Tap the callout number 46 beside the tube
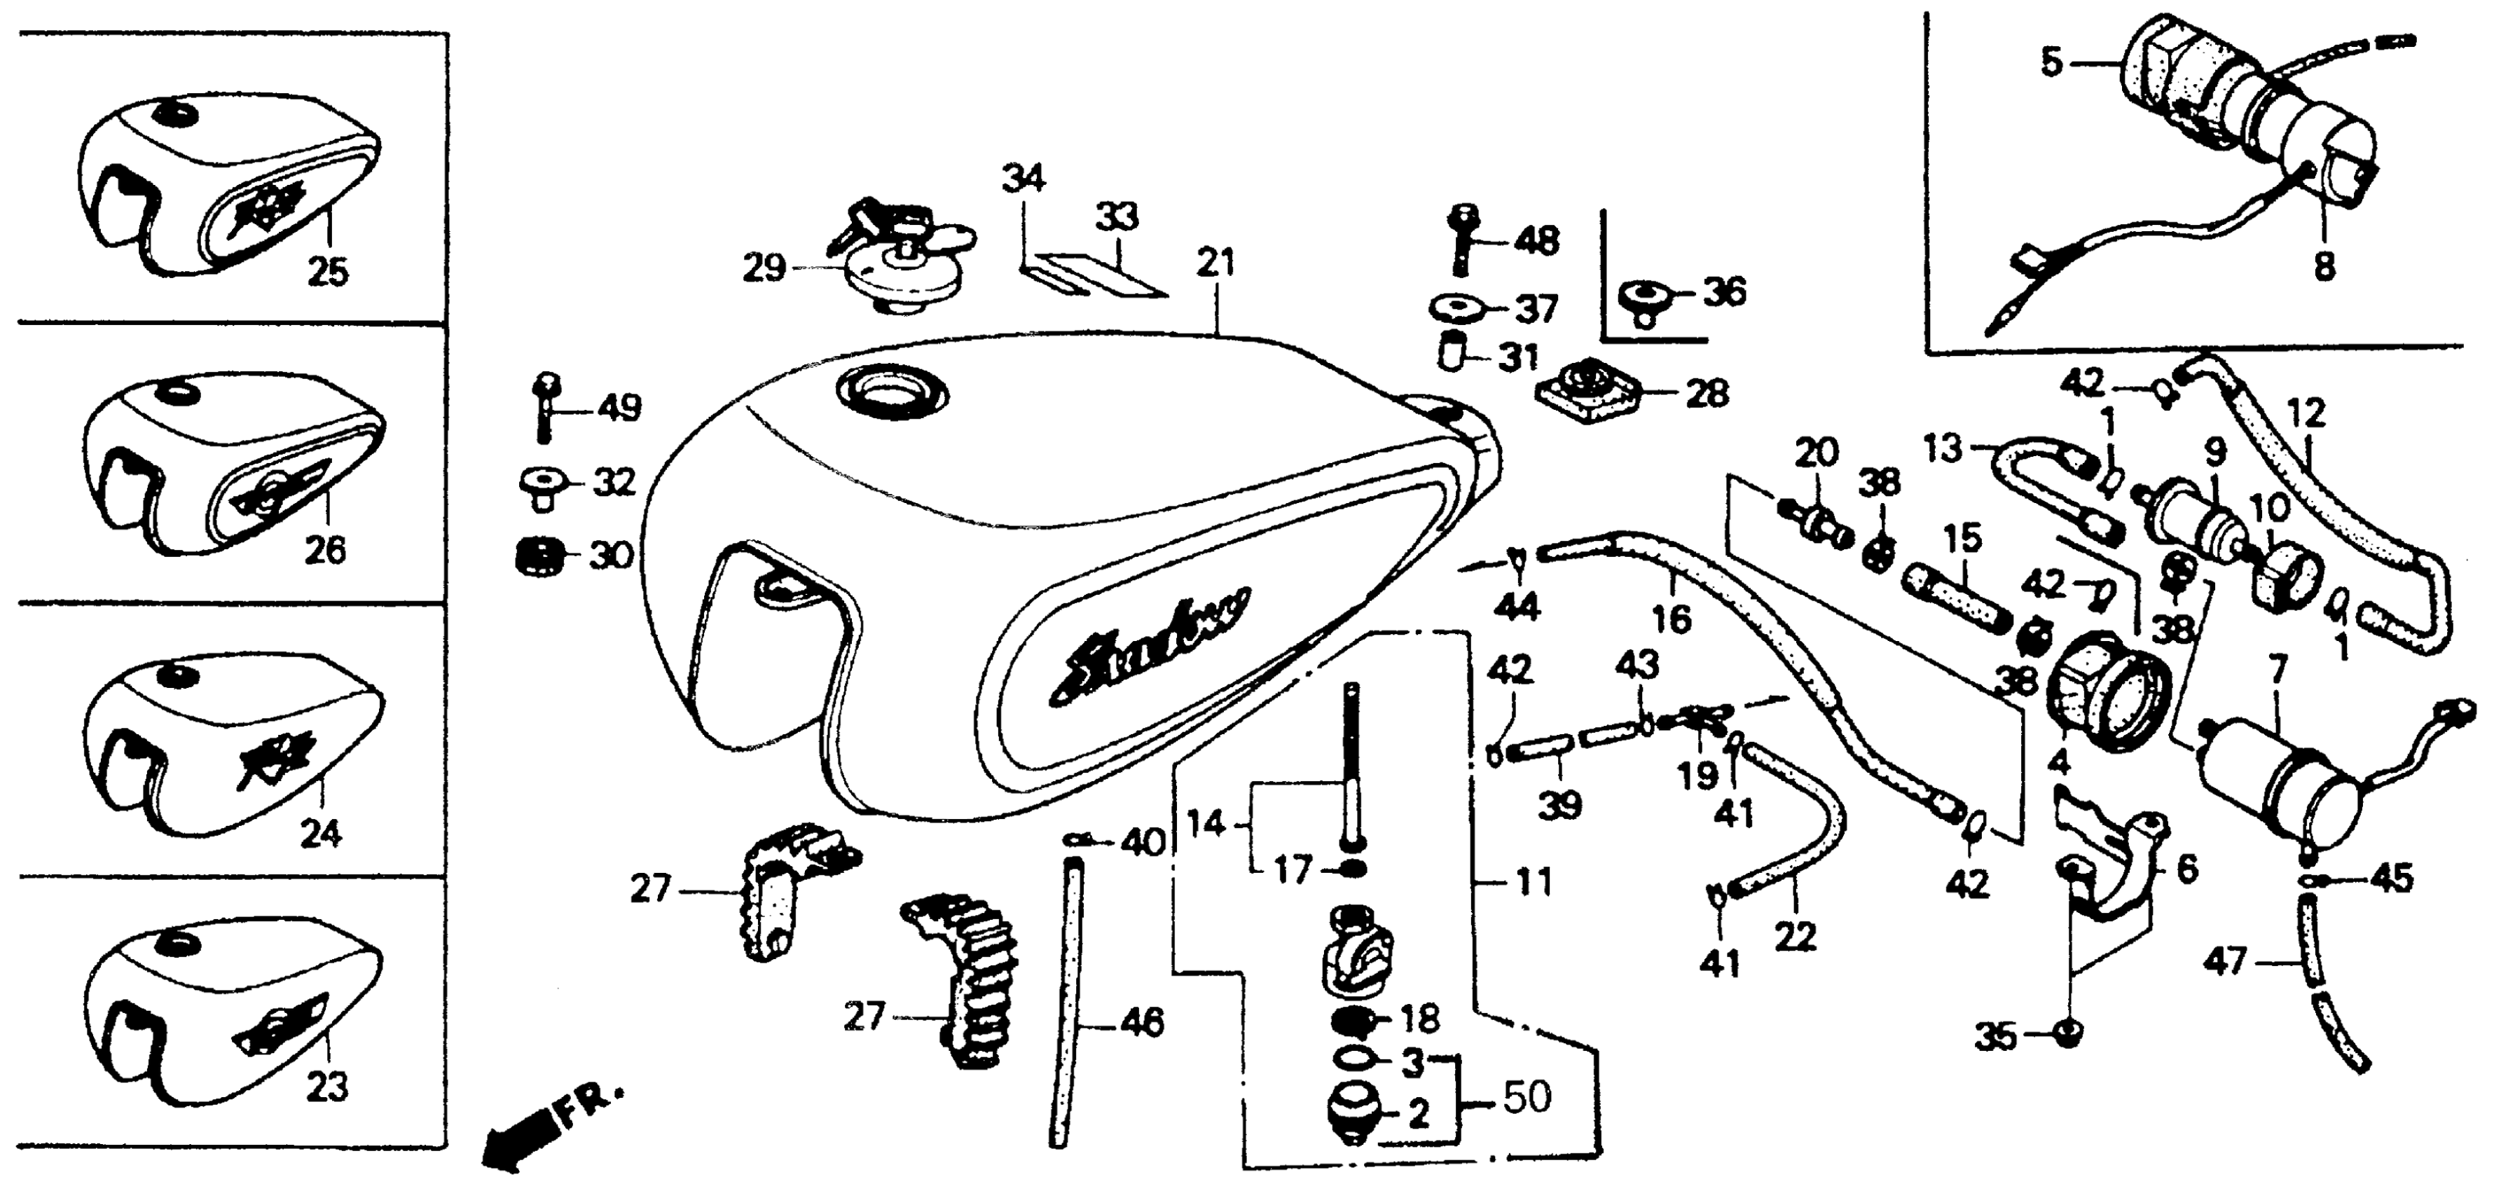pos(1141,1022)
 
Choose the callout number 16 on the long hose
pos(1672,617)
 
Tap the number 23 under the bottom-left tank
pos(326,1088)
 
